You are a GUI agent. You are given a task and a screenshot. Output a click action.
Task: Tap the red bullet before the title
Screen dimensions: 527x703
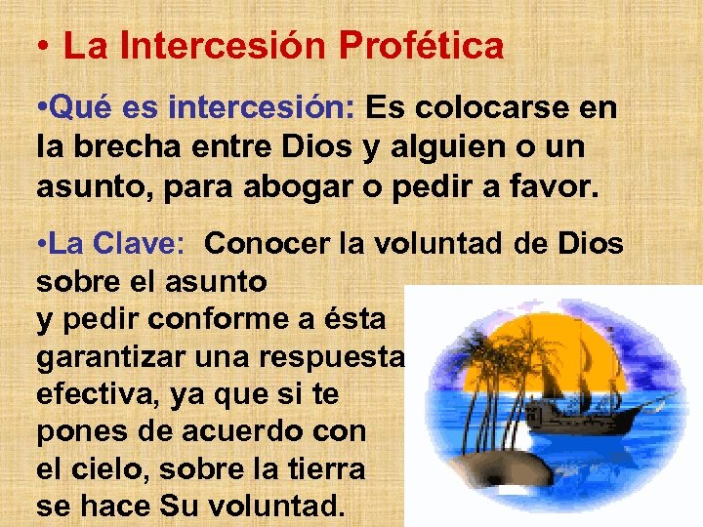click(44, 46)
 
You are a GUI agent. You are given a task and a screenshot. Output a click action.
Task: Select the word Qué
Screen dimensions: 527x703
click(74, 108)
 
